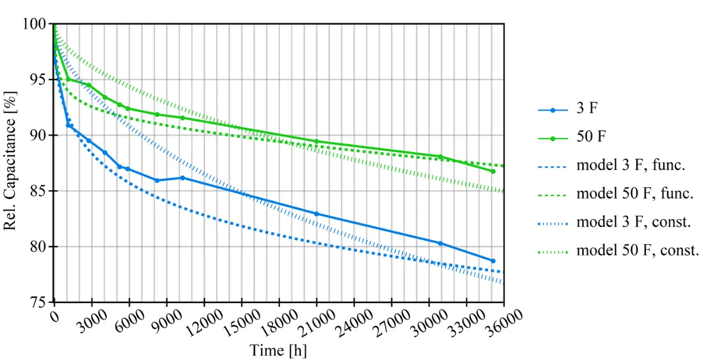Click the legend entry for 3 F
(595, 110)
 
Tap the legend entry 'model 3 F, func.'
(631, 166)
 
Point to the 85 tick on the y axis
(39, 191)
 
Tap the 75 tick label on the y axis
(39, 302)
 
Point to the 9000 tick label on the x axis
(170, 324)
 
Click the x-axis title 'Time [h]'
(278, 350)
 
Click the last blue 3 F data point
(493, 261)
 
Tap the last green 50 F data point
(493, 171)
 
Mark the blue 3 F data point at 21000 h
(316, 213)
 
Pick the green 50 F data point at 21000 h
(316, 141)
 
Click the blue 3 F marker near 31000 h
(440, 243)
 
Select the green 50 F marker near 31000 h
(440, 157)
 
